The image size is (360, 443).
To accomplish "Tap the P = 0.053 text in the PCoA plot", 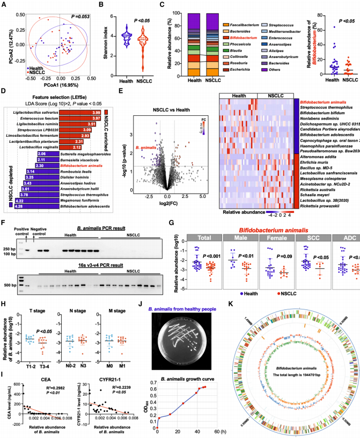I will pos(76,12).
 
